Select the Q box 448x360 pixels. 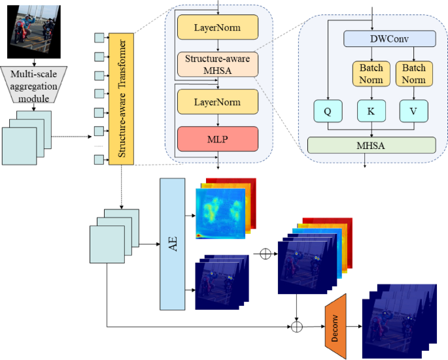(x=328, y=112)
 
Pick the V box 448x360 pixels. (x=413, y=112)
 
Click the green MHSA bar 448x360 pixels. (x=371, y=145)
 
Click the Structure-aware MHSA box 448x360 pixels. (x=218, y=63)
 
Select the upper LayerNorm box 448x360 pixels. (x=218, y=28)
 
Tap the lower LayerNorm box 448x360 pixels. (x=218, y=103)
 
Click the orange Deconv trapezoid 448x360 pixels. (x=334, y=325)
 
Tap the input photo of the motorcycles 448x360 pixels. (x=33, y=31)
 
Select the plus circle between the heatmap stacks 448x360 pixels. (x=265, y=254)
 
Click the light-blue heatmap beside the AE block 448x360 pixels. (x=220, y=213)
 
